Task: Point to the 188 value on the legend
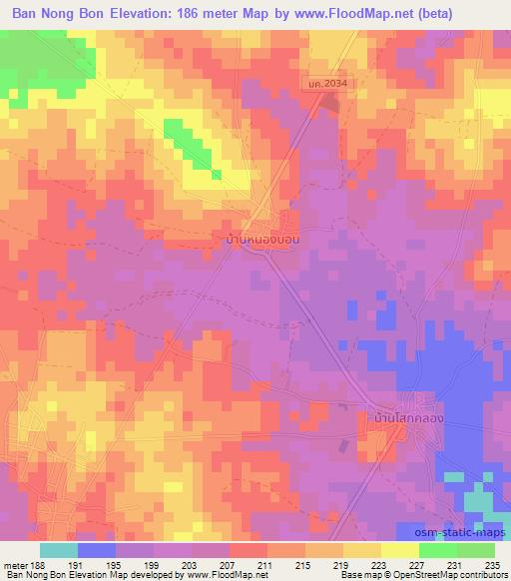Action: click(x=36, y=565)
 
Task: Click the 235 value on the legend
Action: click(x=489, y=565)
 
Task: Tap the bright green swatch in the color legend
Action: click(x=437, y=550)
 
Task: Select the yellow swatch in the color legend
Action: click(x=362, y=550)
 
